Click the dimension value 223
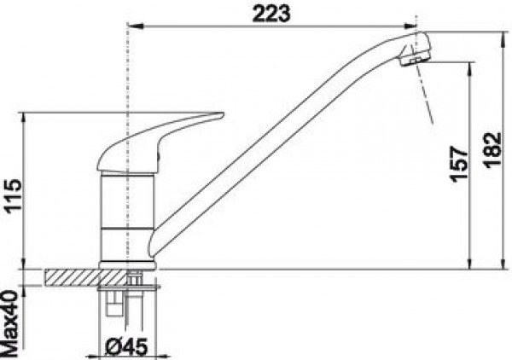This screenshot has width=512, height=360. (271, 14)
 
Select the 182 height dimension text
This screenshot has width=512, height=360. (492, 150)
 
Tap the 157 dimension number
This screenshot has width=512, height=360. (459, 164)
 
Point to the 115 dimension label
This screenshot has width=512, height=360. (14, 196)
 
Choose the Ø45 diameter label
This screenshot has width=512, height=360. (126, 346)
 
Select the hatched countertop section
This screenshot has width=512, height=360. (85, 278)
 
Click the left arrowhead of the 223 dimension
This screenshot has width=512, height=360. (136, 26)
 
